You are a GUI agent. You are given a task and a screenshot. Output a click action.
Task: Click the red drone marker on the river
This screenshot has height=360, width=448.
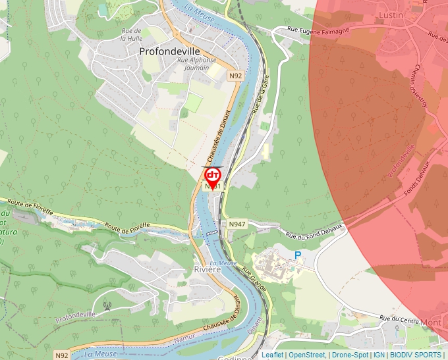(213, 176)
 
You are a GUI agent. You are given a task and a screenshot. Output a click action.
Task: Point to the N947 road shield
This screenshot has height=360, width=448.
(237, 224)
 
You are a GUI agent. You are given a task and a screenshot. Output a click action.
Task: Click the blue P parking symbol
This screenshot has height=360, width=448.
(298, 255)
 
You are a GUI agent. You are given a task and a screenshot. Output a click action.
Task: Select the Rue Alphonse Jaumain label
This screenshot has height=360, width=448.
(196, 63)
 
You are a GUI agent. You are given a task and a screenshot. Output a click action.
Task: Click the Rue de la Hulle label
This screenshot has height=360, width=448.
(132, 34)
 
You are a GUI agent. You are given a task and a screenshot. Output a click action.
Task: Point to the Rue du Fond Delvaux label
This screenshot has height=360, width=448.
(314, 232)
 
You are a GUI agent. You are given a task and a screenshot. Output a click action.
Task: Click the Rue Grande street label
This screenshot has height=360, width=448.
(254, 279)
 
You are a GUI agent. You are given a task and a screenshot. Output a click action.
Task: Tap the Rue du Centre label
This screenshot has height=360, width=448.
(398, 319)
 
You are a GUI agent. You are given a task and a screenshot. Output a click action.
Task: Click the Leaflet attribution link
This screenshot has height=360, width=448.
(272, 355)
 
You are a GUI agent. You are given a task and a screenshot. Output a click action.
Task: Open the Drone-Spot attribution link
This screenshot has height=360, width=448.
(350, 355)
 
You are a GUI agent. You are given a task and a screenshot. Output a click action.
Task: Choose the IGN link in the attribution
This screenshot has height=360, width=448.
(379, 355)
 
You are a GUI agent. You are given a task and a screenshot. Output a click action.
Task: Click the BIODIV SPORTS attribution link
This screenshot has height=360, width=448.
(416, 355)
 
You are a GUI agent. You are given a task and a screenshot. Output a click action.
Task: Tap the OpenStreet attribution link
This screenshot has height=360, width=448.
(307, 355)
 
